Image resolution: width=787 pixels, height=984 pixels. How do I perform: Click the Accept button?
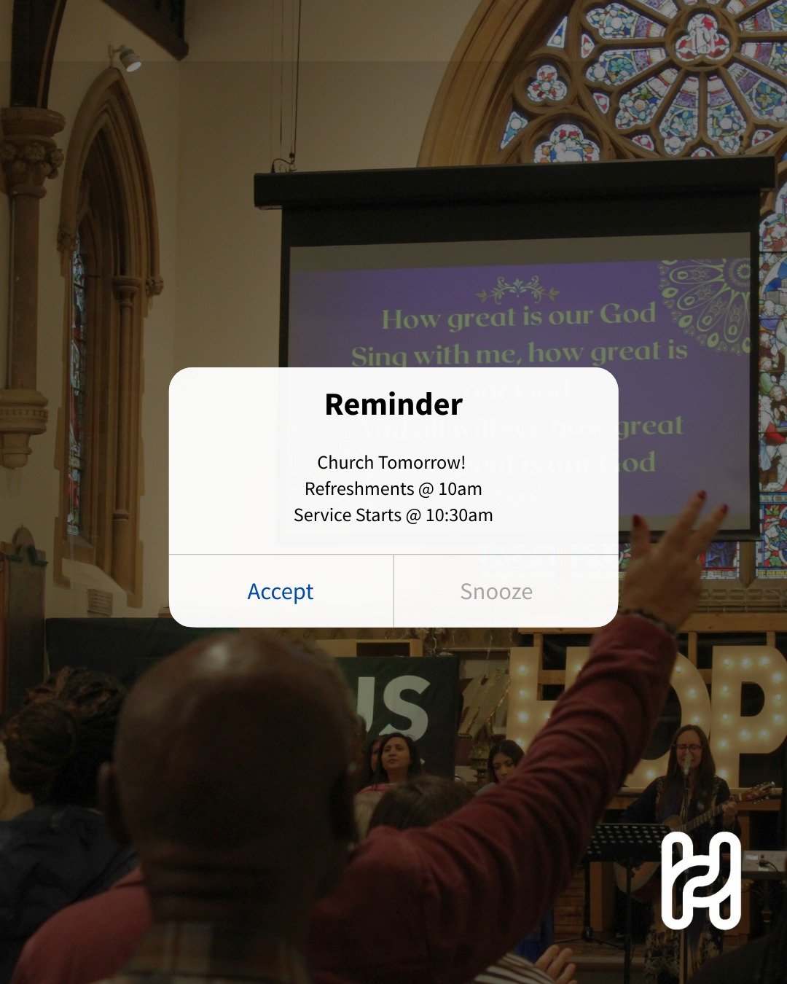tap(281, 591)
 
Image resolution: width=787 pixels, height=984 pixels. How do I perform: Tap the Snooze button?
tap(496, 591)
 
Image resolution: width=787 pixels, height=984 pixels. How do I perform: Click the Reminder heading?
tap(393, 405)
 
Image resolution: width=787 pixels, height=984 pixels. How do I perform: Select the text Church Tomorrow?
tap(391, 462)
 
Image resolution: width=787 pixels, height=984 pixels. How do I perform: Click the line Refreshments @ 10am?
tap(393, 488)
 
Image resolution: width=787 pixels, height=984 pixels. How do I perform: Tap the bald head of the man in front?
tap(226, 736)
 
